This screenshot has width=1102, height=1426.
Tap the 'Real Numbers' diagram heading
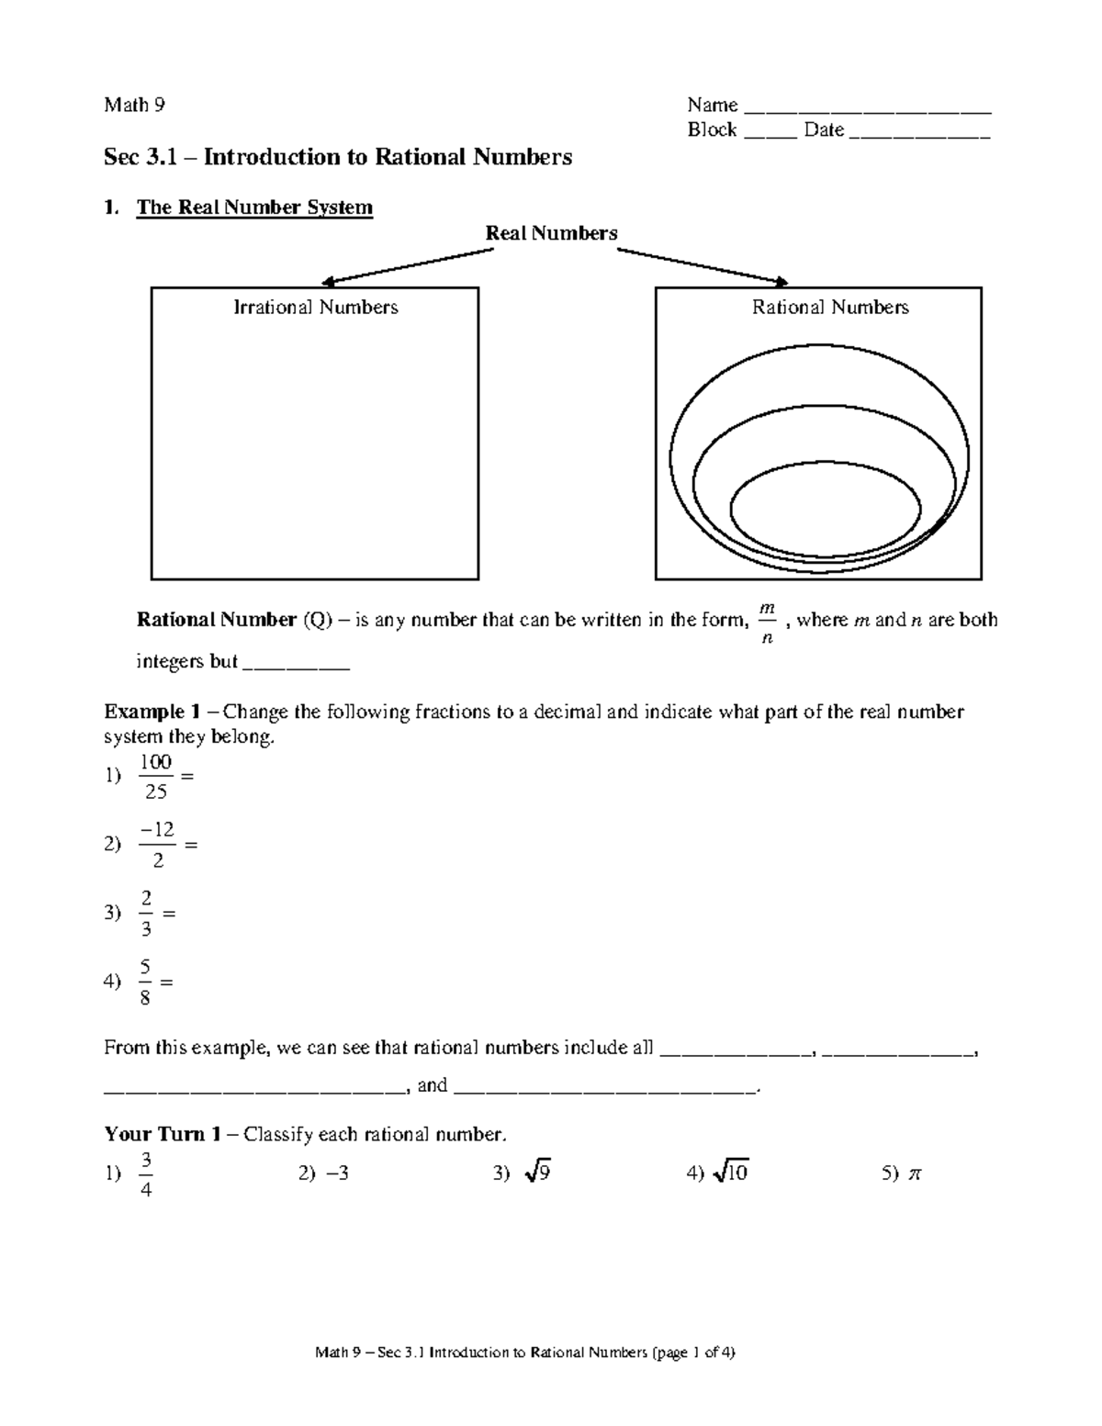[x=551, y=233]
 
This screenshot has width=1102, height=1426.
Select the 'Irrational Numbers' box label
[x=315, y=308]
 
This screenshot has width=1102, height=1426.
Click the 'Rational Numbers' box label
[x=830, y=308]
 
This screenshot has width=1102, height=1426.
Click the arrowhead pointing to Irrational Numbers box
[x=327, y=282]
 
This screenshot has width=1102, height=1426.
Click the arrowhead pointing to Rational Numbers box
[x=782, y=282]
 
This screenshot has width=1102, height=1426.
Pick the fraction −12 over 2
[x=157, y=845]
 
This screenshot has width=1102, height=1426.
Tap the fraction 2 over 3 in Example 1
[x=146, y=913]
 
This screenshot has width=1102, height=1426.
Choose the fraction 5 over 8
[x=145, y=982]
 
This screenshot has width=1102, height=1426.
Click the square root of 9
[x=537, y=1173]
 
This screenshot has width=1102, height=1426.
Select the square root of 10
[x=732, y=1173]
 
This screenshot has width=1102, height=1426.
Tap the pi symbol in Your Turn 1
[x=913, y=1173]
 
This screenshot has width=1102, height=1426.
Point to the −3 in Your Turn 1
[x=336, y=1173]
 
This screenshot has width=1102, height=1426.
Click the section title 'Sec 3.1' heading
[x=337, y=157]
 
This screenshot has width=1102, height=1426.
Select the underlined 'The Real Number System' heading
[x=254, y=208]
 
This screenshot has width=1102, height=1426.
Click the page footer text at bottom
[x=524, y=1353]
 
